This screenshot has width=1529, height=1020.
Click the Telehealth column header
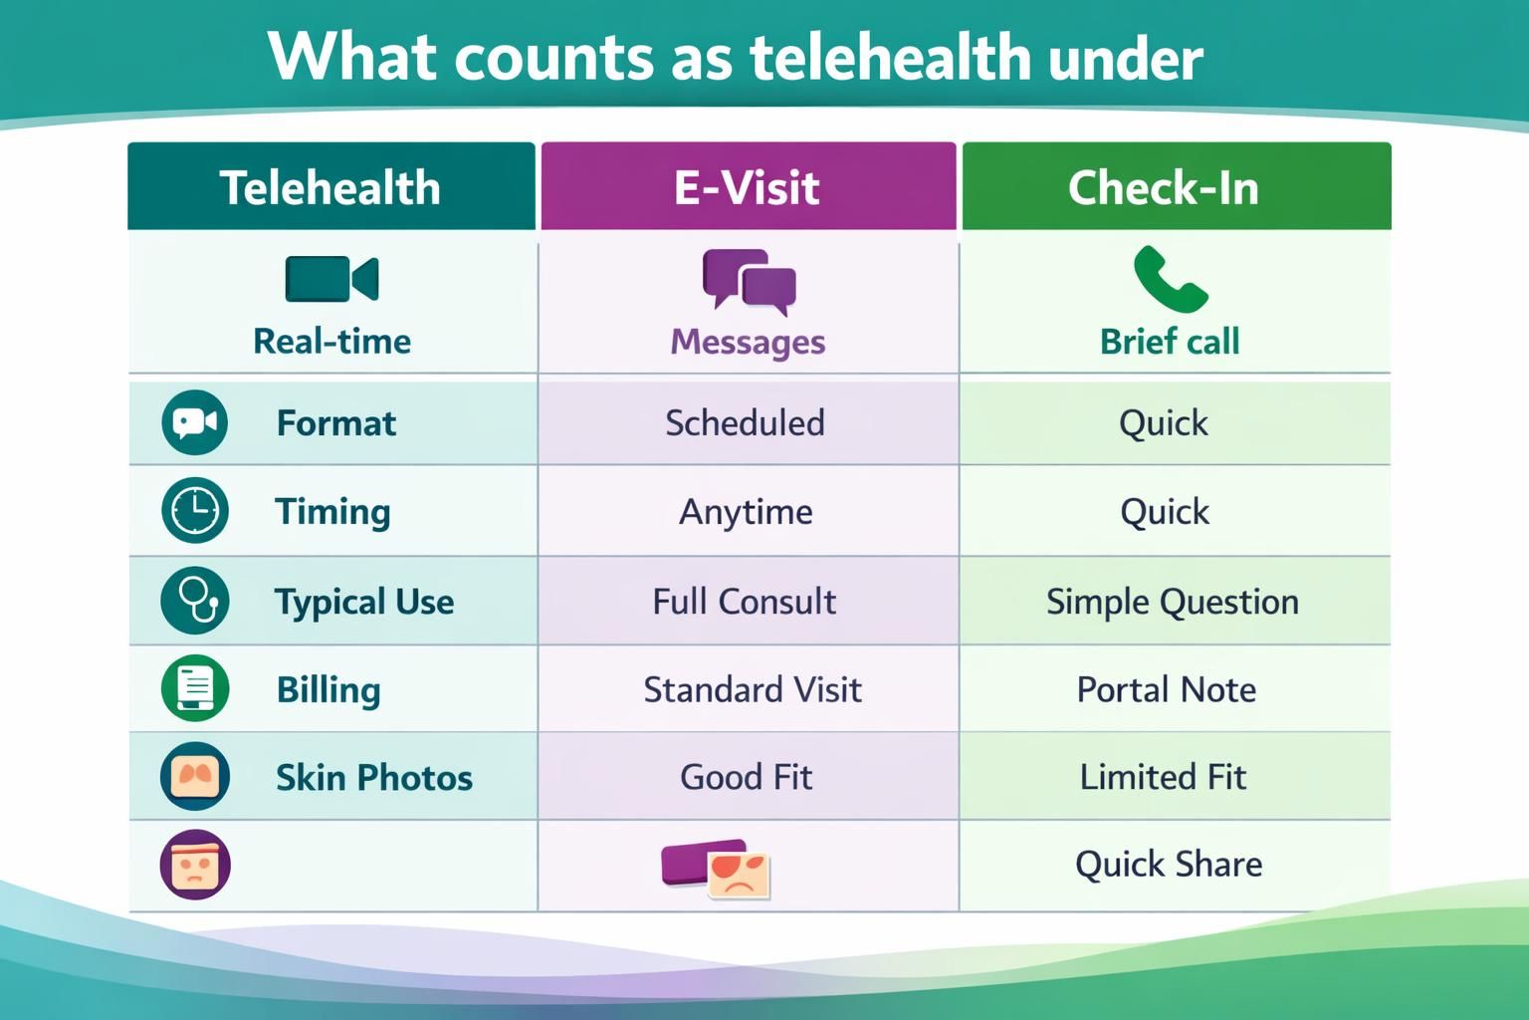[x=330, y=187]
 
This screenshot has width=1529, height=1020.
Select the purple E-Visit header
[x=747, y=187]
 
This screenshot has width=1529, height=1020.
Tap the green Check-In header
[x=1163, y=187]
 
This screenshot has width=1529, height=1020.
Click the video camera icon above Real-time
[x=331, y=279]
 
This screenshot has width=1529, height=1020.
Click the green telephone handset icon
[x=1170, y=279]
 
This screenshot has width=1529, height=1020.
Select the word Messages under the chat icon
[x=748, y=342]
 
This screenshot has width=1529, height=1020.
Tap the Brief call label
[x=1170, y=342]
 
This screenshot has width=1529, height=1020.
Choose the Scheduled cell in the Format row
[x=745, y=423]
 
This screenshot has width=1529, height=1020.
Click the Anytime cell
[x=746, y=512]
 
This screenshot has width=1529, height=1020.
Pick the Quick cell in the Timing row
[x=1164, y=512]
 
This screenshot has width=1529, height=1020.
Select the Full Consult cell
[x=744, y=602]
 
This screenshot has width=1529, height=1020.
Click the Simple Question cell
[x=1172, y=602]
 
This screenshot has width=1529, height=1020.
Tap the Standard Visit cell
[x=753, y=689]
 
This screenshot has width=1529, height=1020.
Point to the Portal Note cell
[x=1166, y=689]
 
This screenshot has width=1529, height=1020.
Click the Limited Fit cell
[x=1163, y=777]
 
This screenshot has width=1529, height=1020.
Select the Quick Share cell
[x=1169, y=864]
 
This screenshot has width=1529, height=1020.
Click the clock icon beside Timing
[x=195, y=511]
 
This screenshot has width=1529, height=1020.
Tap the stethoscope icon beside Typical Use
[x=195, y=601]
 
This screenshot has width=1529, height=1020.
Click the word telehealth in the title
[x=877, y=57]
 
